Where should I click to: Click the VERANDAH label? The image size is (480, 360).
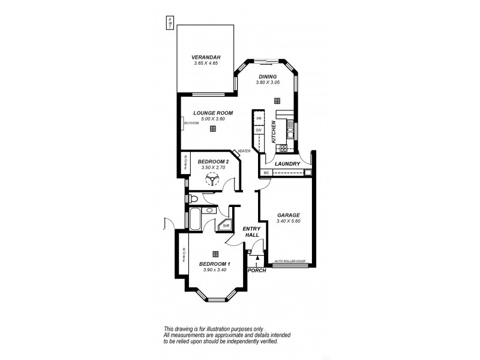pos(204,58)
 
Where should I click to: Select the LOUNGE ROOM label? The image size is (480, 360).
pos(212,112)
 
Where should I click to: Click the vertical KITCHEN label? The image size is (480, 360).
pos(273,130)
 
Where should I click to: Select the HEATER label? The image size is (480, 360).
pos(244,151)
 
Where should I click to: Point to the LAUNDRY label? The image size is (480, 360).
pos(287,163)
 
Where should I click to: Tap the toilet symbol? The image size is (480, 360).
pos(192,199)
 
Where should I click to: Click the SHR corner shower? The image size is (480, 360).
pos(226,226)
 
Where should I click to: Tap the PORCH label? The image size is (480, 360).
pos(257,270)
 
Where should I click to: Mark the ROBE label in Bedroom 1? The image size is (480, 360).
pos(185,256)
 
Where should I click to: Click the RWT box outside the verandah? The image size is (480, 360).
pos(170,22)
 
